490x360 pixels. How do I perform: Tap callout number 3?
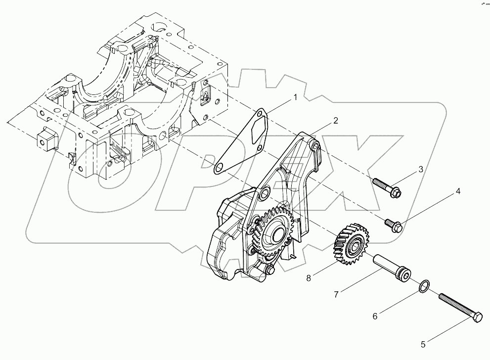(x=421, y=169)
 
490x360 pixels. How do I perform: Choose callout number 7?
(x=336, y=294)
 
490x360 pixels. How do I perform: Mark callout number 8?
(x=309, y=278)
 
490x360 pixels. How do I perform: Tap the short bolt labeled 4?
(x=395, y=225)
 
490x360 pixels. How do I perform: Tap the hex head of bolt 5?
(x=476, y=319)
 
